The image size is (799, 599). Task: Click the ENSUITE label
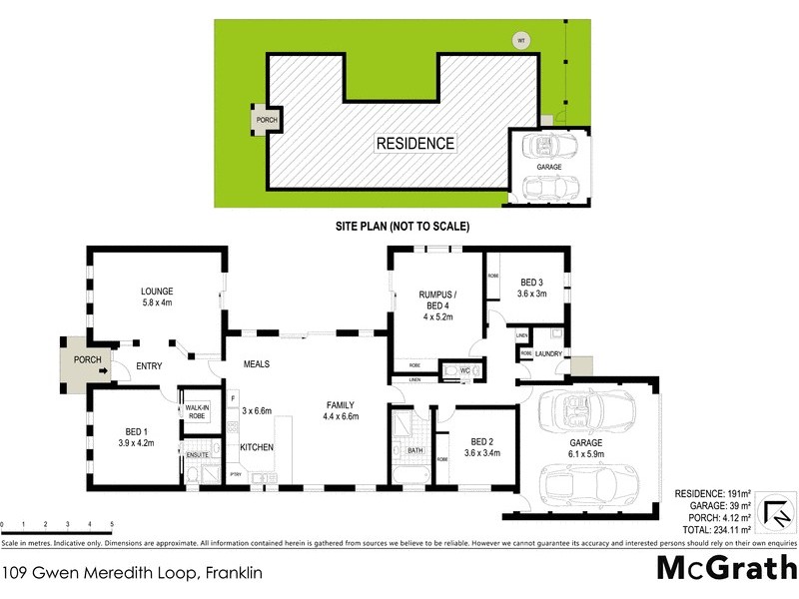click(x=197, y=455)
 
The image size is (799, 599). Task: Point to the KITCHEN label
click(x=257, y=447)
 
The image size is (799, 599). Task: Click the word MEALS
click(x=257, y=364)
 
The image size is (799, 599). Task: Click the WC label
click(x=464, y=370)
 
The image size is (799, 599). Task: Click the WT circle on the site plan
click(x=519, y=41)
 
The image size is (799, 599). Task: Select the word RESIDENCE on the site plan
click(x=414, y=144)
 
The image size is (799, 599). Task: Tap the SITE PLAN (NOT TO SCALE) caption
click(x=401, y=227)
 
